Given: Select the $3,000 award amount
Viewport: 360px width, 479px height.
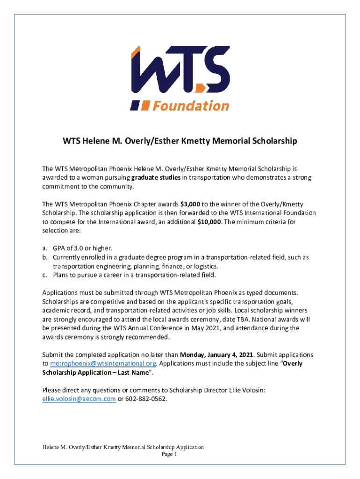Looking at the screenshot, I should click(191, 204).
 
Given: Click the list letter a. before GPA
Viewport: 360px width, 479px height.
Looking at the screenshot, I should click(45, 248).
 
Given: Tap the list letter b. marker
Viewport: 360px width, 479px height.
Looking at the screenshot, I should click(45, 257).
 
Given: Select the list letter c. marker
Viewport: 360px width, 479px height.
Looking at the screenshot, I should click(45, 275).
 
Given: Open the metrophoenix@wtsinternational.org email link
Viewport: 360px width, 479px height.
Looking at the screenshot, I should click(103, 363).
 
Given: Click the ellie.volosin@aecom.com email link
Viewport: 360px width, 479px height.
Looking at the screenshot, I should click(79, 399).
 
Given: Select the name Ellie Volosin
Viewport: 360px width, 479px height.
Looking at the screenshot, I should click(243, 390).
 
